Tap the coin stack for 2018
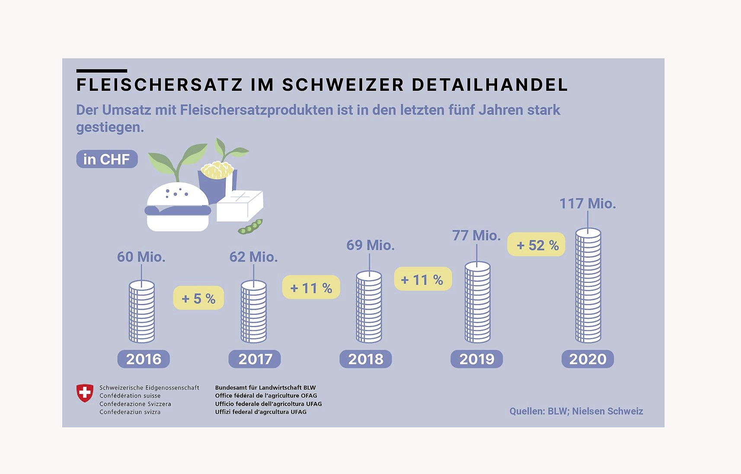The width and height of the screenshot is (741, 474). tap(369, 307)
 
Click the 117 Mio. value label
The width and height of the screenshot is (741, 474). tap(588, 204)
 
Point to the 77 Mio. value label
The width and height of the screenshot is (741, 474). tap(476, 236)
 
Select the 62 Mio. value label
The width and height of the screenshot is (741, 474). tap(253, 257)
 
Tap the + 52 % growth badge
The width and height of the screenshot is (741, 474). tap(537, 245)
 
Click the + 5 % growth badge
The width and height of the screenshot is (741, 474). tap(198, 298)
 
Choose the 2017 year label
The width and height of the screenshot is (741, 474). tap(255, 359)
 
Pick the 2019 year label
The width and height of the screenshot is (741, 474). tap(476, 359)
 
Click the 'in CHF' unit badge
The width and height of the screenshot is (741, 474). tap(107, 159)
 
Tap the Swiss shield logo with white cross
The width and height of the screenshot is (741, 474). tap(85, 393)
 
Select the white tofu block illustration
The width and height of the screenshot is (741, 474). tap(240, 205)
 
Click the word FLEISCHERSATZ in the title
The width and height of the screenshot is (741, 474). tap(160, 85)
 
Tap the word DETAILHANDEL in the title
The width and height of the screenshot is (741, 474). tap(489, 85)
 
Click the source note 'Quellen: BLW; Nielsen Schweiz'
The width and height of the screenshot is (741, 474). tap(576, 411)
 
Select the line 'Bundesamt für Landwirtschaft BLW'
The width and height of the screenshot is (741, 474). tap(265, 388)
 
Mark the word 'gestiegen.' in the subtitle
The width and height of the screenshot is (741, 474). tap(110, 128)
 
